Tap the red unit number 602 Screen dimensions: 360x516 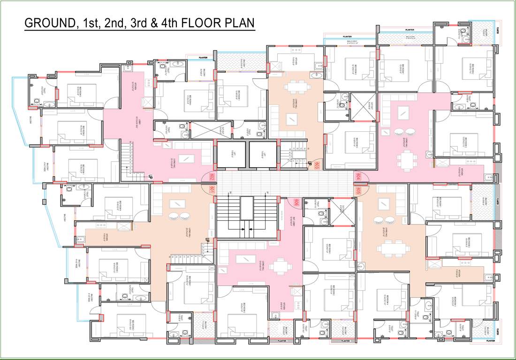[212, 177]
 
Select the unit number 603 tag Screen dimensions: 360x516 [317, 165]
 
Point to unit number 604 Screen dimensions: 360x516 [357, 176]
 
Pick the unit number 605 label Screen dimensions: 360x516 [357, 191]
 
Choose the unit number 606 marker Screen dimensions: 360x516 [296, 203]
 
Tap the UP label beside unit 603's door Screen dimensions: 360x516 [310, 162]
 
